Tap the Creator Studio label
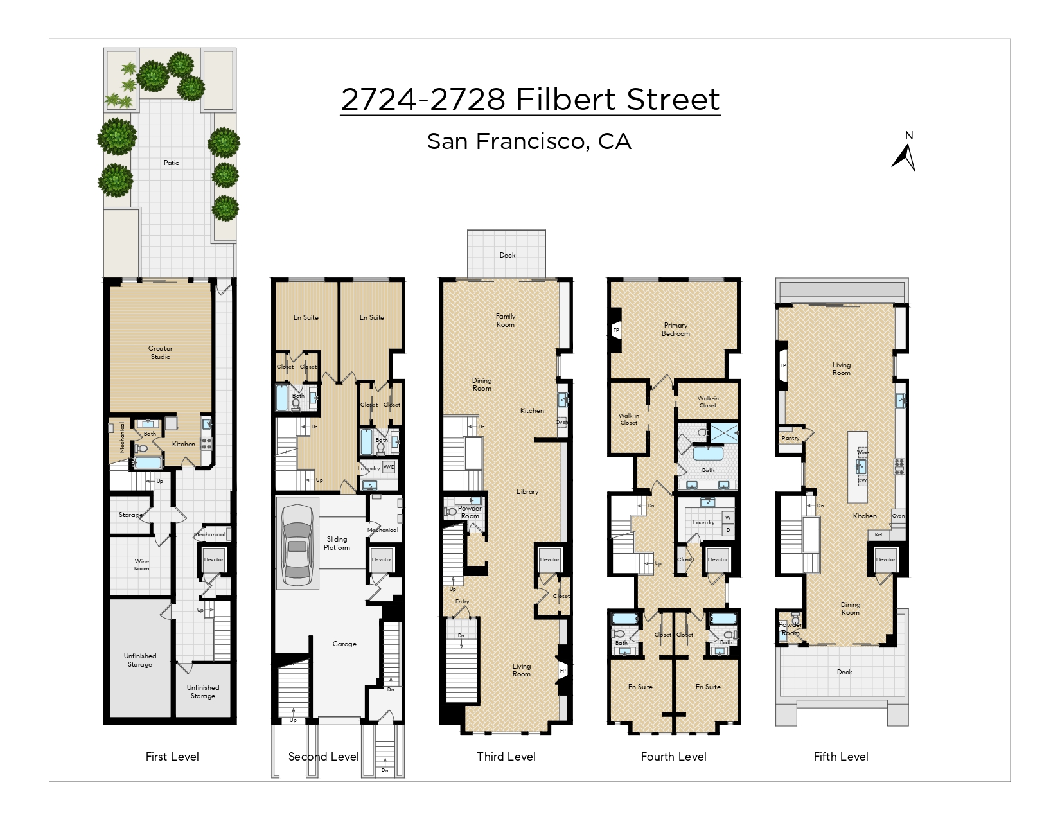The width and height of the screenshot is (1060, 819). [161, 353]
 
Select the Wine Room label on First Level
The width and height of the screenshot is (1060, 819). [141, 565]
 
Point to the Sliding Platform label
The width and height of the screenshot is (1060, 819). [337, 543]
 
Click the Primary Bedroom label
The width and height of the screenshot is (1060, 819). [676, 330]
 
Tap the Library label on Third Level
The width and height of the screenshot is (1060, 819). [527, 492]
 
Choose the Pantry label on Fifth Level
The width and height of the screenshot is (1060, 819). [790, 439]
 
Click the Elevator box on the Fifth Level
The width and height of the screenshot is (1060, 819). [885, 560]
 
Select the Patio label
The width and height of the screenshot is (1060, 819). [172, 163]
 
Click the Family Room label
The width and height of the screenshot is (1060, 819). [506, 321]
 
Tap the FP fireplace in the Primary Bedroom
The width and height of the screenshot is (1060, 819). [615, 331]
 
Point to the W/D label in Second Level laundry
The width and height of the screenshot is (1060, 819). [389, 468]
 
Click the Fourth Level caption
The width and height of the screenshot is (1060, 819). [673, 757]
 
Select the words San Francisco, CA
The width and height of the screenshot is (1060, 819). [529, 142]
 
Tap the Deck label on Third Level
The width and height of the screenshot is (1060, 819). [508, 256]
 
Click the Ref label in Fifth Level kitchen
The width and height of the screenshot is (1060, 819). [878, 534]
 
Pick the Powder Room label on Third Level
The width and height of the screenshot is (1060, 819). [470, 512]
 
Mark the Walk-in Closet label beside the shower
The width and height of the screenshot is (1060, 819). [708, 402]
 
